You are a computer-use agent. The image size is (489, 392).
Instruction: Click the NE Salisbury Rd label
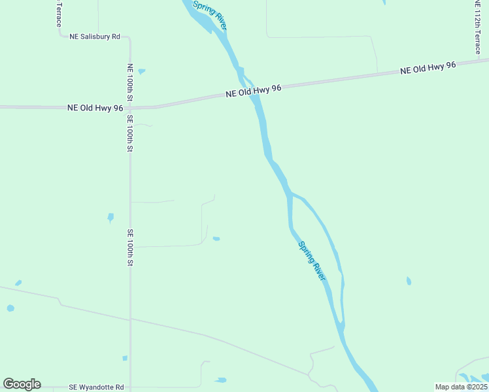point(95,37)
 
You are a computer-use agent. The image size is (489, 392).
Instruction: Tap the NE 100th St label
point(130,82)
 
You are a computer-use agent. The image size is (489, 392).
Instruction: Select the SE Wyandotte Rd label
point(96,387)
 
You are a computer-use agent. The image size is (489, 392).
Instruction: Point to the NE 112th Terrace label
point(477,26)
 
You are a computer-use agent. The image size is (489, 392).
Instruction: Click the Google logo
point(22,384)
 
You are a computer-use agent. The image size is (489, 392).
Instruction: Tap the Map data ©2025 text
point(461,387)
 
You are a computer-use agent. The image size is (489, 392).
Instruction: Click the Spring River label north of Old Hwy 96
point(210,14)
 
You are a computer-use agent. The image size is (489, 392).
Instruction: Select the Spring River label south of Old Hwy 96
point(312,261)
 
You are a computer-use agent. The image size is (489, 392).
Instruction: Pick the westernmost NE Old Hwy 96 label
point(95,108)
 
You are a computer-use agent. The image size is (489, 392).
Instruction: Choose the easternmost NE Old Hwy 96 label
point(428,67)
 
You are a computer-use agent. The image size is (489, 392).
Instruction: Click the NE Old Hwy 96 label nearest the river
point(253,90)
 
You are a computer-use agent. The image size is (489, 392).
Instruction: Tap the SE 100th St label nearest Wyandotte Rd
point(130,248)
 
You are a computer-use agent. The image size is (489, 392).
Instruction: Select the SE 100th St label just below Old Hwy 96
point(130,134)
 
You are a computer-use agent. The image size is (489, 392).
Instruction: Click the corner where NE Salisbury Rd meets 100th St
point(129,38)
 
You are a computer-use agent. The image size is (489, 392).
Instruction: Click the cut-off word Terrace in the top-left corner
point(58,13)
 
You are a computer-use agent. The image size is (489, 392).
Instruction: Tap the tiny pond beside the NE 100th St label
point(141,71)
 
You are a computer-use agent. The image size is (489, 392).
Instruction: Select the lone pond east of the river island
point(409,281)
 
